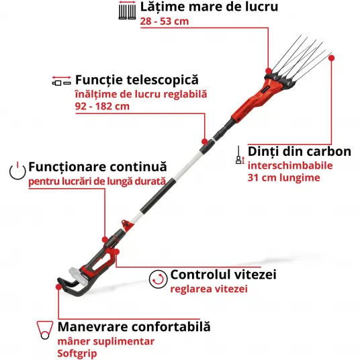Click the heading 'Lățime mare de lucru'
pyautogui.click(x=209, y=7)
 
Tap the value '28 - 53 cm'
pyautogui.click(x=165, y=21)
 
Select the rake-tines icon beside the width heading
pyautogui.click(x=127, y=10)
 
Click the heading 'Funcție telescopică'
pyautogui.click(x=137, y=80)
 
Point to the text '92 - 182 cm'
pyautogui.click(x=102, y=106)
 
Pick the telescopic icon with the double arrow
pyautogui.click(x=61, y=81)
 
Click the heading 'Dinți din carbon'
pyautogui.click(x=300, y=152)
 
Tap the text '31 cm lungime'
pyautogui.click(x=283, y=178)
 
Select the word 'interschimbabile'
pyautogui.click(x=290, y=165)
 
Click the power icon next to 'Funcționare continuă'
pyautogui.click(x=17, y=171)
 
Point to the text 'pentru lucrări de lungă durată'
pyautogui.click(x=97, y=181)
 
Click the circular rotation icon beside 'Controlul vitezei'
pyautogui.click(x=158, y=279)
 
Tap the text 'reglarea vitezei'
pyautogui.click(x=209, y=289)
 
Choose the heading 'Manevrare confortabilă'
pyautogui.click(x=134, y=326)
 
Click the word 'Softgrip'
pyautogui.click(x=77, y=353)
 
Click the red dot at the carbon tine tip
pyautogui.click(x=331, y=58)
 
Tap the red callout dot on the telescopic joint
pyautogui.click(x=205, y=142)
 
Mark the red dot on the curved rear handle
pyautogui.click(x=59, y=287)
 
